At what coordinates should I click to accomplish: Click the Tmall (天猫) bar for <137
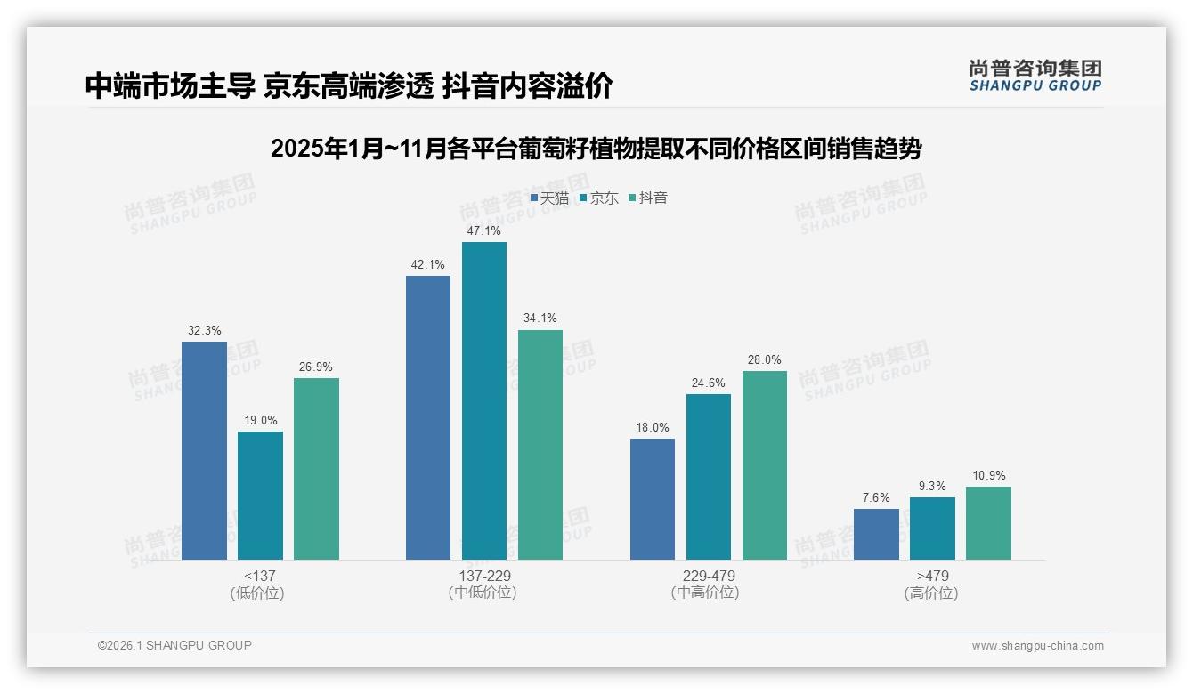204,450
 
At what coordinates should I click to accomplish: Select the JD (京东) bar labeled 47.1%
483,400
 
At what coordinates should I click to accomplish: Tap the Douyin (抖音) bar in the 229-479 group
764,465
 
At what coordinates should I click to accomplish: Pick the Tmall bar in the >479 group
876,534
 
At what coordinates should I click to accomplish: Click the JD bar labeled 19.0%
260,496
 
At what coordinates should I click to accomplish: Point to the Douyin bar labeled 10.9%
988,523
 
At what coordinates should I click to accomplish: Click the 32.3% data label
204,330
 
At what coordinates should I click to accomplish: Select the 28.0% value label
764,360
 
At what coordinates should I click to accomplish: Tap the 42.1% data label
427,264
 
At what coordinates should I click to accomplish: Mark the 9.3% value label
932,486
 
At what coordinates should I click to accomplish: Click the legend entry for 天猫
549,198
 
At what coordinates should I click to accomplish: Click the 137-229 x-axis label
484,576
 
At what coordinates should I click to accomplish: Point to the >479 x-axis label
932,576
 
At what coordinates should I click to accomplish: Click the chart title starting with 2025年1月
596,149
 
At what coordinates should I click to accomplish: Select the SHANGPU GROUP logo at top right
1035,76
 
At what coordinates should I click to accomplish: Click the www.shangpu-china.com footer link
1037,646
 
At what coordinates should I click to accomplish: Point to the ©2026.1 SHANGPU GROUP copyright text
174,645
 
